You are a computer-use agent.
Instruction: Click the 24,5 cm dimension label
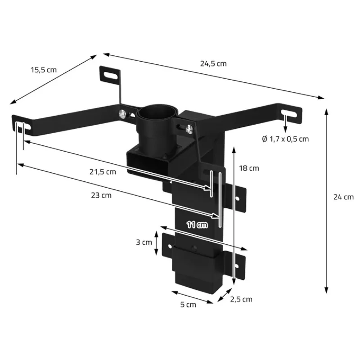[x=213, y=63]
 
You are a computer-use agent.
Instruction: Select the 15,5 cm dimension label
[x=44, y=70]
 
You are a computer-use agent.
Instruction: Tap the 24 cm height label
[x=343, y=197]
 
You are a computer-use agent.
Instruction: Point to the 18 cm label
[x=249, y=168]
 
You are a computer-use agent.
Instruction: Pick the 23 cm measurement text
[x=100, y=195]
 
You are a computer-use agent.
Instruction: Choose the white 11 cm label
[x=197, y=225]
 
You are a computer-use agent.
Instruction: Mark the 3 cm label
[x=144, y=242]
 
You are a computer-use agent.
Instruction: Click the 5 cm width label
[x=188, y=305]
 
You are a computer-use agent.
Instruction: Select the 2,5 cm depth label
[x=240, y=299]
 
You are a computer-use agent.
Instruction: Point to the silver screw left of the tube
[x=121, y=114]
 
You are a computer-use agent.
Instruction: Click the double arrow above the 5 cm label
[x=192, y=297]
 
